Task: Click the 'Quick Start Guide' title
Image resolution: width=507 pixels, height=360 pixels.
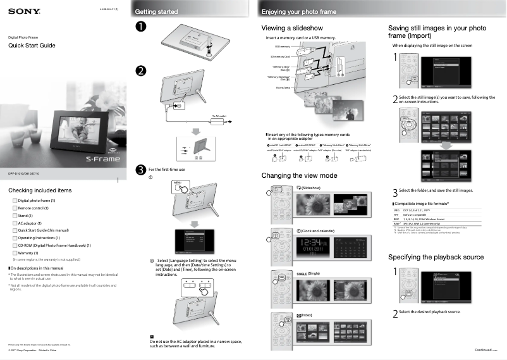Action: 32,46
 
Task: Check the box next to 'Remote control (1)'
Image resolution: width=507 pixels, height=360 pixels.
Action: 15,208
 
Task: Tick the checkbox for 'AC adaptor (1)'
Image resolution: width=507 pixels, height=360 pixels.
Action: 15,223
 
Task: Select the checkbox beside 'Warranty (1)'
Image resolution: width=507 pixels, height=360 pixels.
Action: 15,252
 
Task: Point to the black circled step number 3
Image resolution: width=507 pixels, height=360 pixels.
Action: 141,169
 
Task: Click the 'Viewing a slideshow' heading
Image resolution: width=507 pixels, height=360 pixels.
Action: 292,28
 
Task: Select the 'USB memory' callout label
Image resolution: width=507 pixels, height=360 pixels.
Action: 282,47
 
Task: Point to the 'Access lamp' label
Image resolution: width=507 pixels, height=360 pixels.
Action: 284,88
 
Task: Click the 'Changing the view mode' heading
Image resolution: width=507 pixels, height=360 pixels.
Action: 299,175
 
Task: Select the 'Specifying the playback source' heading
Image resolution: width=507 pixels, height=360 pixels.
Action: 436,257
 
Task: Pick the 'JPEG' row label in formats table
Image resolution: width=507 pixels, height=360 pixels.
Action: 396,210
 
